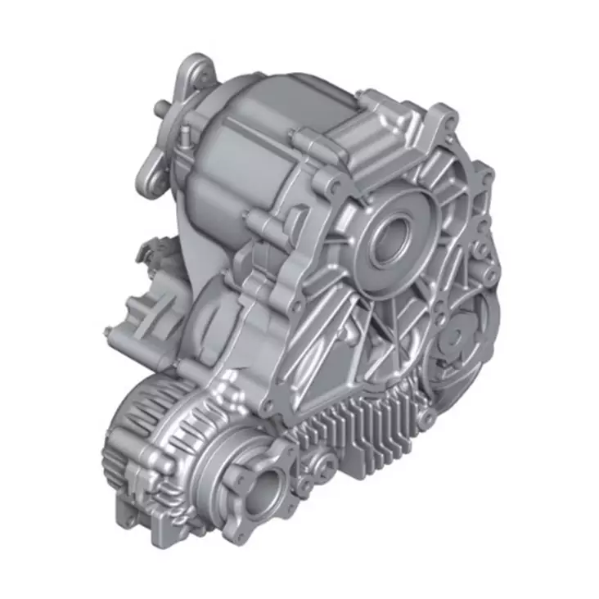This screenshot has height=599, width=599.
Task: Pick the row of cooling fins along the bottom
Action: (360, 434)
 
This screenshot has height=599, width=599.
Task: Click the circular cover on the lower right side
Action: (460, 336)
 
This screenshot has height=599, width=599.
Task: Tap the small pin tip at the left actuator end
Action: (108, 331)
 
